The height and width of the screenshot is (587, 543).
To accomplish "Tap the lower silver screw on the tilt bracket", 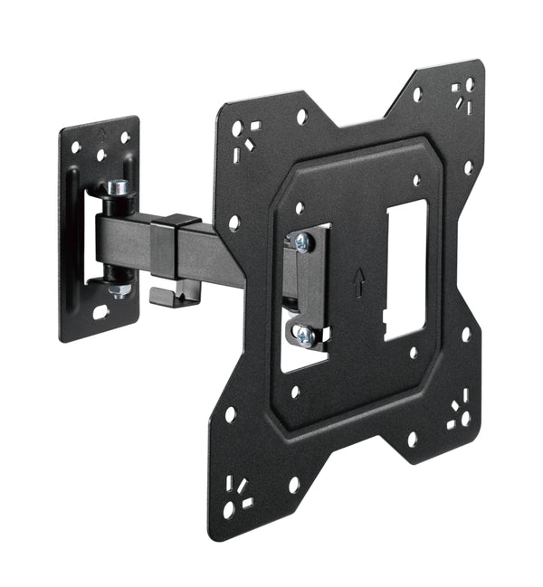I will click(304, 336).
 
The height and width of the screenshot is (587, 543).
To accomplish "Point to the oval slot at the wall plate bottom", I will click(100, 312).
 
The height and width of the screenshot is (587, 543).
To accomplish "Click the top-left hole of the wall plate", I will click(76, 146).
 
